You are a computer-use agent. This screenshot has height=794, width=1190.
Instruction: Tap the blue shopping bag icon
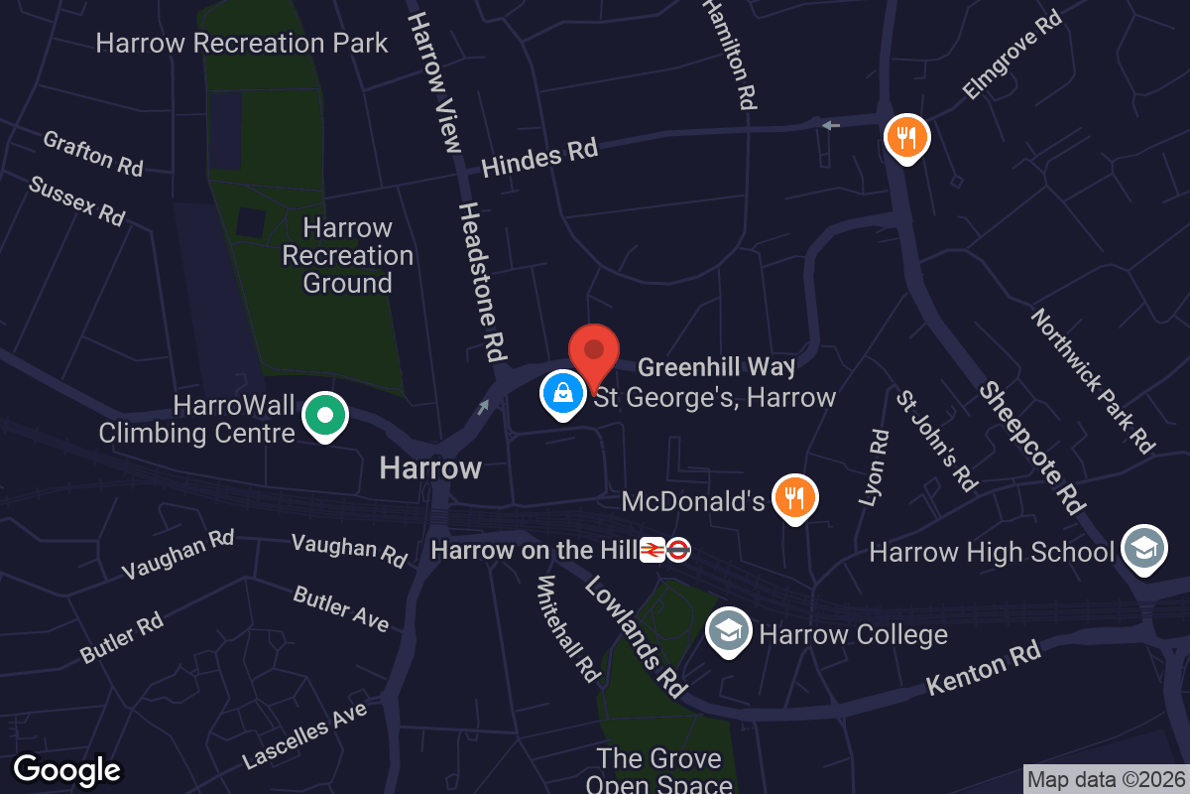pyautogui.click(x=562, y=393)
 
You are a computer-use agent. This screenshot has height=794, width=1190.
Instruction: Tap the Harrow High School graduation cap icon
pyautogui.click(x=1143, y=549)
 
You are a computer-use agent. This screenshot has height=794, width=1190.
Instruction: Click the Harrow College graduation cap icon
pyautogui.click(x=729, y=631)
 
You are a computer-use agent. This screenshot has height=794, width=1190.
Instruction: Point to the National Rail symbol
pyautogui.click(x=653, y=550)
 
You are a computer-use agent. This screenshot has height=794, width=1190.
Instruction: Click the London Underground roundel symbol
pyautogui.click(x=678, y=550)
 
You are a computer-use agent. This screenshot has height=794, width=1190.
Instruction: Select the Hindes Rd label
pyautogui.click(x=539, y=158)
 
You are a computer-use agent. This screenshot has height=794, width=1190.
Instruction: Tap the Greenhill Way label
pyautogui.click(x=716, y=367)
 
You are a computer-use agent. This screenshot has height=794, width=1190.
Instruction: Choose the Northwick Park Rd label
pyautogui.click(x=1093, y=380)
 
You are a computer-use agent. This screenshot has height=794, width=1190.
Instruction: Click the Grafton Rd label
pyautogui.click(x=93, y=153)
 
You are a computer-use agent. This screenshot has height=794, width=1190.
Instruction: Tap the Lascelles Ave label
pyautogui.click(x=304, y=735)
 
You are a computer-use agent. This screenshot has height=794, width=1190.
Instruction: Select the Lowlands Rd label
pyautogui.click(x=636, y=635)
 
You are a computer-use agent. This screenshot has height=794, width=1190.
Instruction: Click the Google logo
pyautogui.click(x=67, y=769)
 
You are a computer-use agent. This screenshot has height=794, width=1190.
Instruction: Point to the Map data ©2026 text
pyautogui.click(x=1106, y=779)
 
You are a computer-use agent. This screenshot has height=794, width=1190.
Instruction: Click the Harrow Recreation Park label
pyautogui.click(x=242, y=44)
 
